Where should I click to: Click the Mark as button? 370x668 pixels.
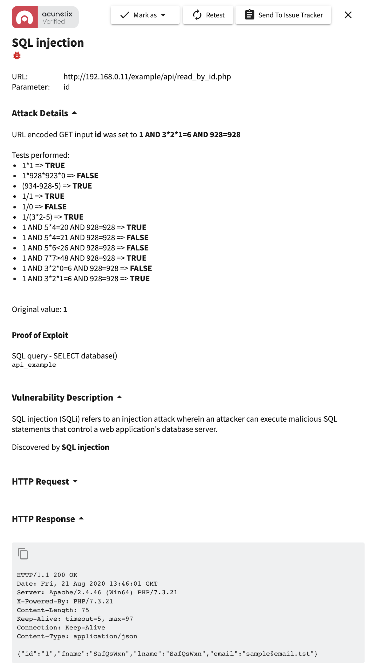click(x=145, y=15)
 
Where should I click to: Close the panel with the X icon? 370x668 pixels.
click(x=348, y=15)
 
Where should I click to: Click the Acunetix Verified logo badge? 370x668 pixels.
click(x=45, y=17)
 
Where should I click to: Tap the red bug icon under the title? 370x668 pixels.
click(x=17, y=56)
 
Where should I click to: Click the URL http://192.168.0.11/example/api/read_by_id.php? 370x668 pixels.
click(x=147, y=77)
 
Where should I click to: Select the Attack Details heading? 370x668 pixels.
click(x=40, y=113)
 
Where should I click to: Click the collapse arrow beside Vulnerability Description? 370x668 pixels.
click(x=119, y=397)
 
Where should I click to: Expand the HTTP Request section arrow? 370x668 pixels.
click(x=75, y=481)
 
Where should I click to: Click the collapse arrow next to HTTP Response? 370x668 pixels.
click(x=81, y=519)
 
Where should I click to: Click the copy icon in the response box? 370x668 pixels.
click(x=23, y=554)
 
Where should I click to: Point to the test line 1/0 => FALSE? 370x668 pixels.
click(x=44, y=207)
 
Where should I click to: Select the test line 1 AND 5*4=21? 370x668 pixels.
click(x=85, y=238)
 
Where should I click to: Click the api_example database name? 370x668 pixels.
click(x=34, y=365)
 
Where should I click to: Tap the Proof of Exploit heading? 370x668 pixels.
click(x=40, y=335)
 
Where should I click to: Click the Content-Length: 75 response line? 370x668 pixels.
click(x=53, y=610)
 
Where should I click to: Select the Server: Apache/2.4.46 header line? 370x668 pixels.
click(x=97, y=592)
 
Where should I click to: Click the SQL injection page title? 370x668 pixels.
click(x=48, y=43)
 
